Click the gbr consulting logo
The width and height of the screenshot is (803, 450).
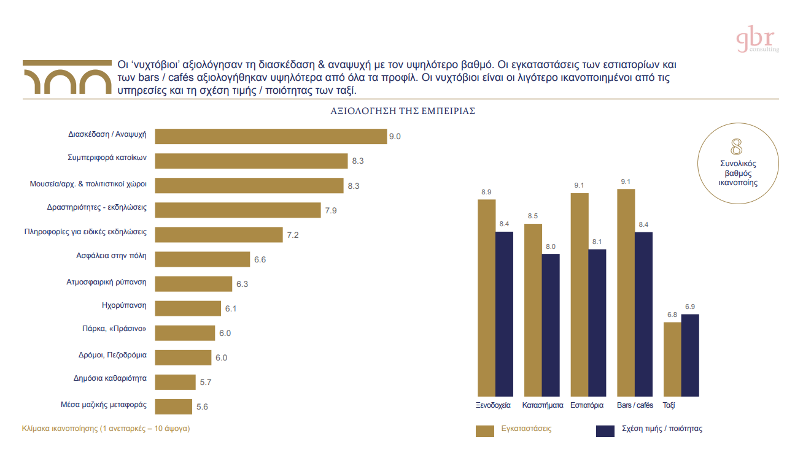[757, 40]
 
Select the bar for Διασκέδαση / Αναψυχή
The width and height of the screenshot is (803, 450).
[271, 136]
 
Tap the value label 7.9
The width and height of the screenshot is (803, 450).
[331, 210]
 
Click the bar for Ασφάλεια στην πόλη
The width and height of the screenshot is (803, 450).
[203, 259]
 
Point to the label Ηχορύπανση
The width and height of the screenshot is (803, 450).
[124, 305]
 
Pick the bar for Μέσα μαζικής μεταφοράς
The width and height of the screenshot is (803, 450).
[174, 406]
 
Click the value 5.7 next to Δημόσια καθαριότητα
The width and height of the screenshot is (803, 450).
[206, 382]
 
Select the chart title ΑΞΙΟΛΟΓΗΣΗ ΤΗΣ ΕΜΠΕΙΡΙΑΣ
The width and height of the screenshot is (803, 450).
[403, 112]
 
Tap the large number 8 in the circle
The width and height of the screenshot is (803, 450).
[736, 147]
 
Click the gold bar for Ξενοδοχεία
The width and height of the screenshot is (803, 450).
[486, 297]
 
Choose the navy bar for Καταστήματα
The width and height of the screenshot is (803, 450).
[551, 324]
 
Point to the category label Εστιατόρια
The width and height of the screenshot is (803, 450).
[587, 405]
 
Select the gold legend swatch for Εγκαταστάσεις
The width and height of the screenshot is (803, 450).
[485, 430]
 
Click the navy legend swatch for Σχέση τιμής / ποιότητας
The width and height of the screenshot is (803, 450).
[605, 430]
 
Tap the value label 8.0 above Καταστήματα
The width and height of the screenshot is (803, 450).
[551, 246]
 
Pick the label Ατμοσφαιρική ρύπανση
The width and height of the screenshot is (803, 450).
[106, 283]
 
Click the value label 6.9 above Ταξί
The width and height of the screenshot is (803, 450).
[690, 307]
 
